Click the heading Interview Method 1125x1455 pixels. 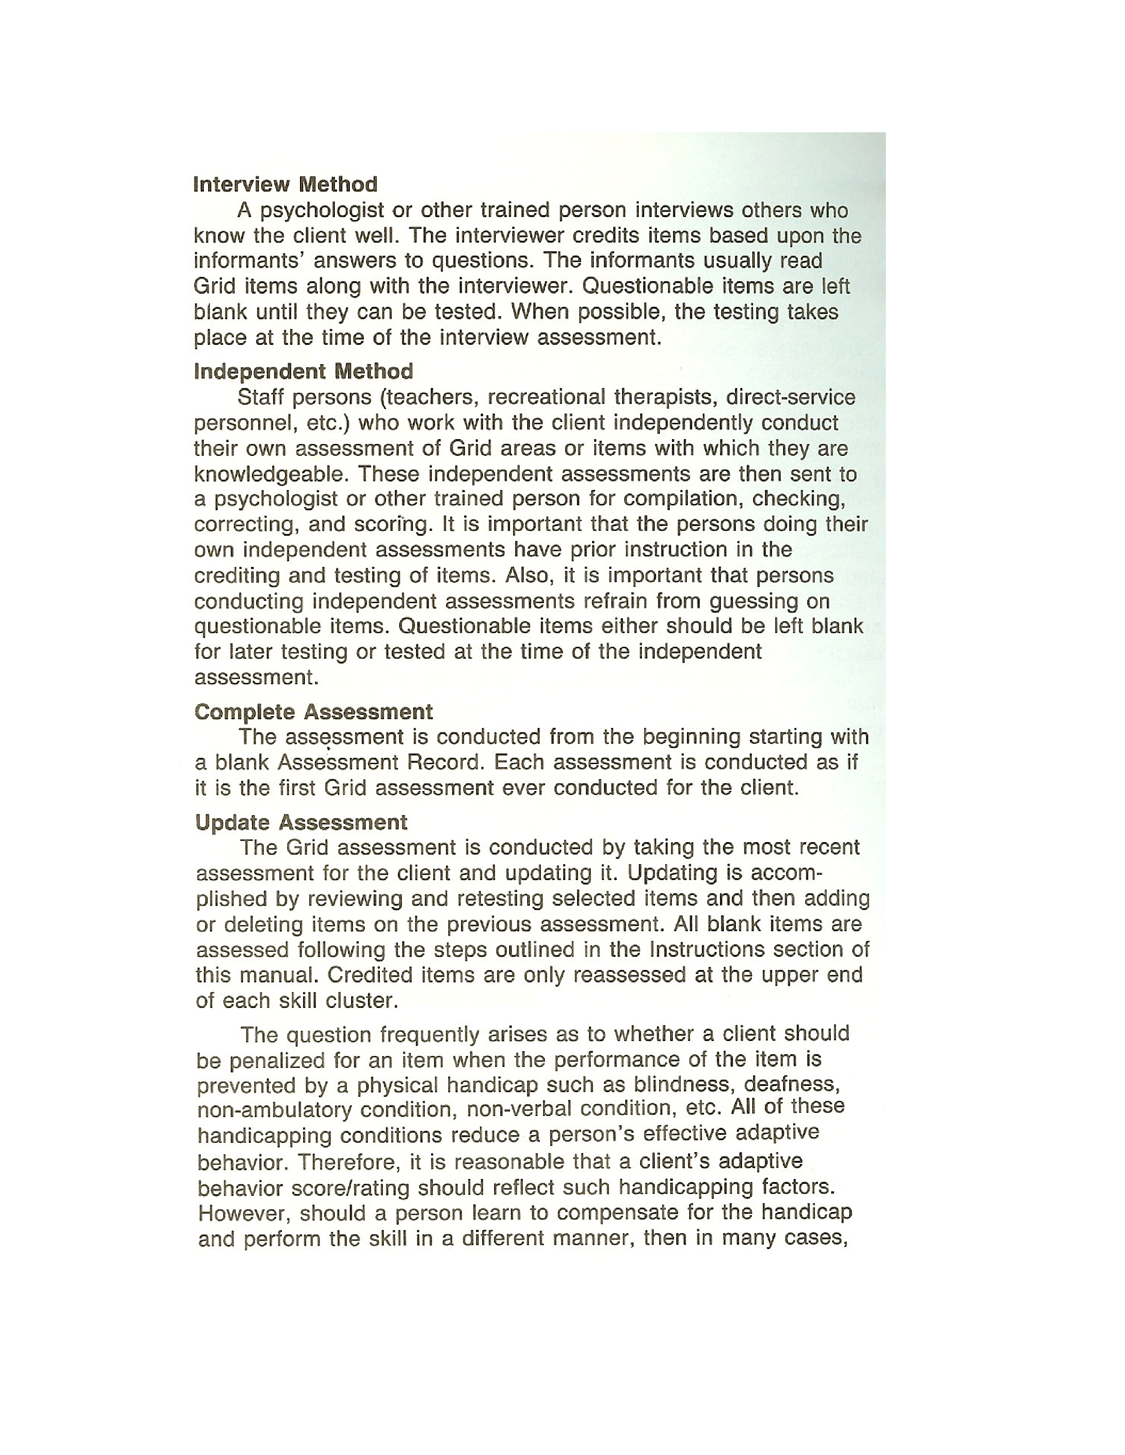[x=285, y=185]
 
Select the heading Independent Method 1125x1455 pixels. [x=303, y=372]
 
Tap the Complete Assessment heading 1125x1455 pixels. [x=313, y=712]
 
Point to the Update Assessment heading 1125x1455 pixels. [x=301, y=823]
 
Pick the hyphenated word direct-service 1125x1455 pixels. [x=791, y=398]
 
